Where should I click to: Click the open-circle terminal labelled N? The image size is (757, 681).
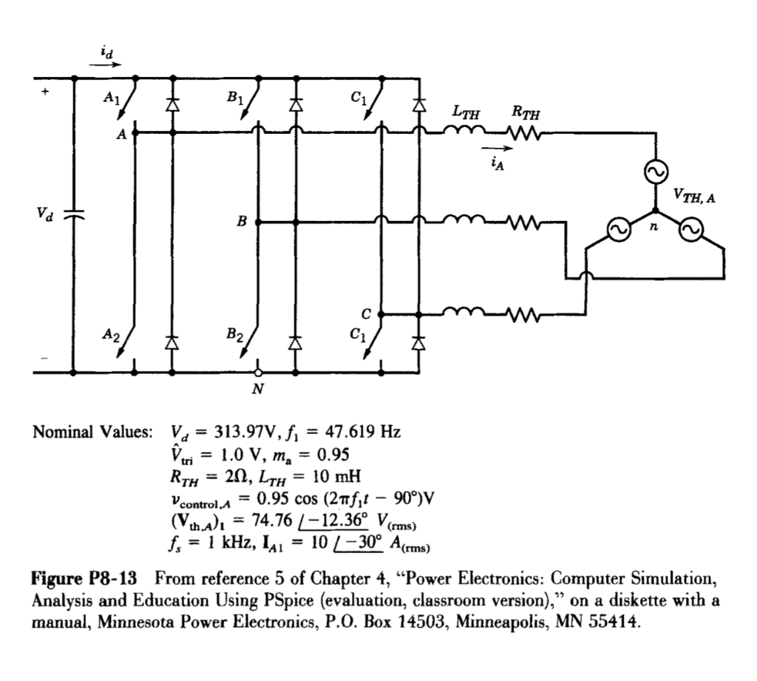click(x=258, y=373)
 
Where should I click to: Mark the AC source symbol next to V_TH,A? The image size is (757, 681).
click(x=655, y=172)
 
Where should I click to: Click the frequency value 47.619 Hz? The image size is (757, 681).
click(x=362, y=432)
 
